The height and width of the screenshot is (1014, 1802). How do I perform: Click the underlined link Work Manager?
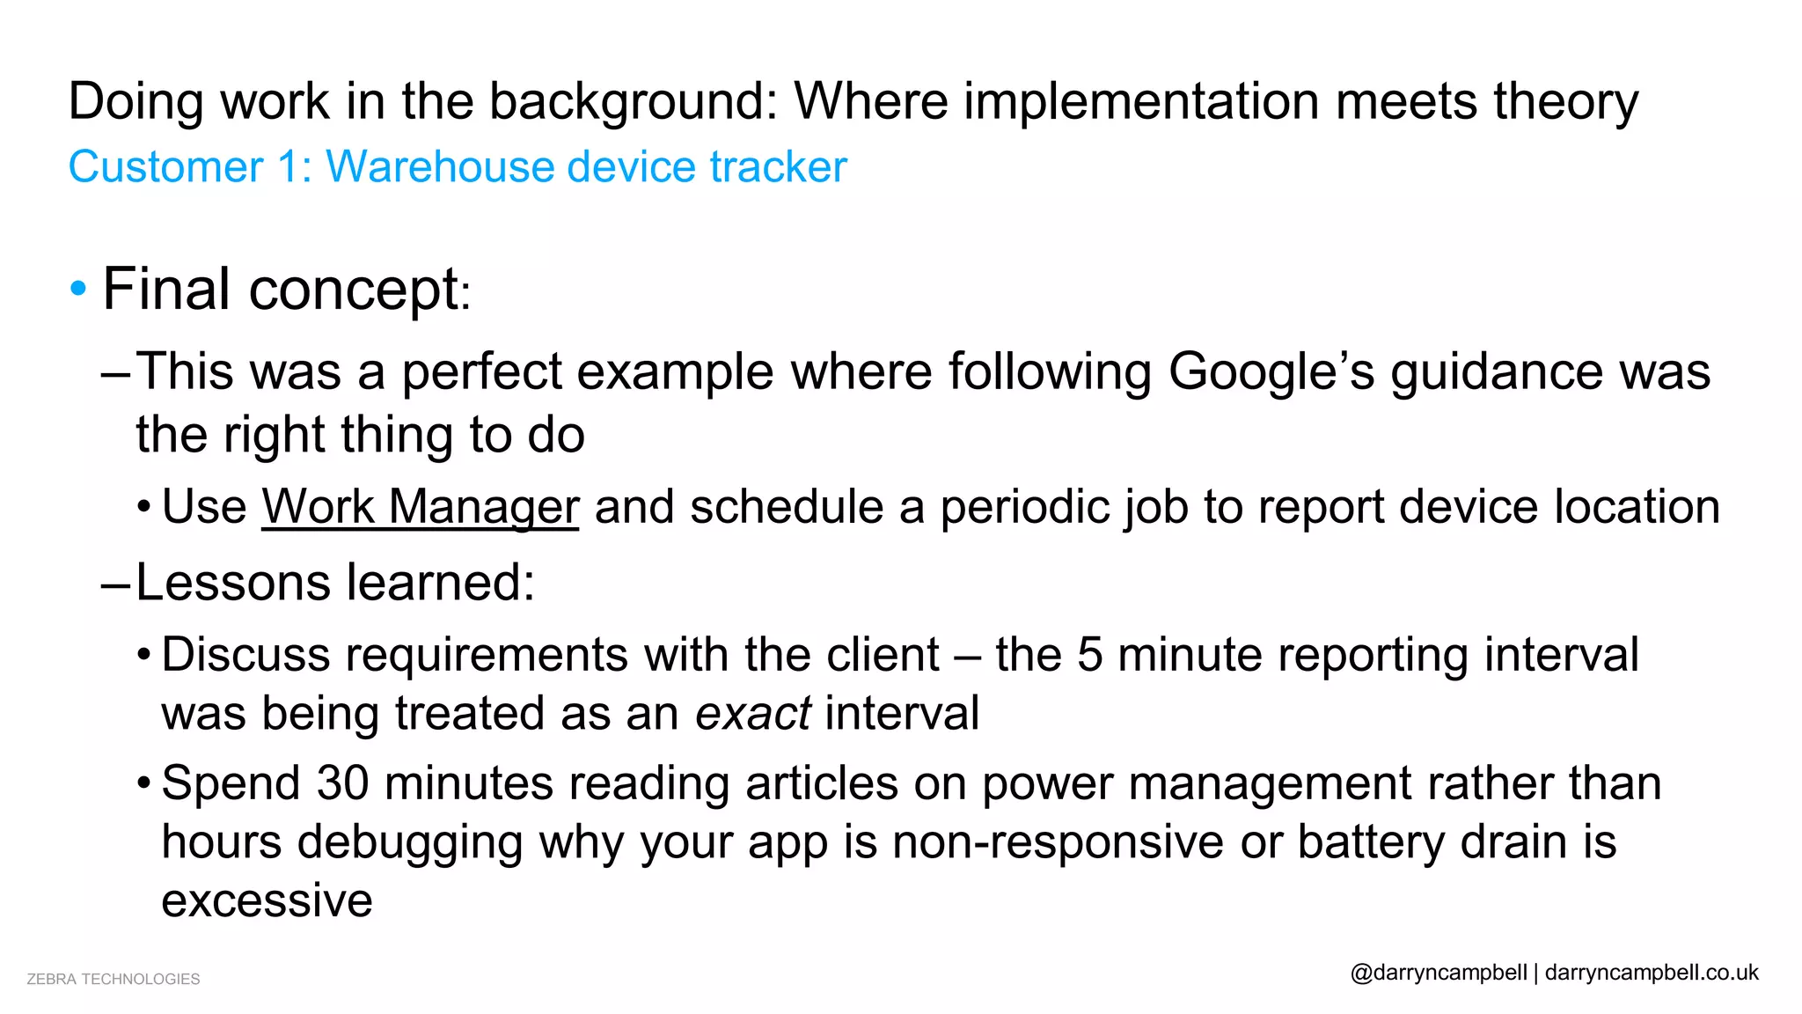[x=420, y=508]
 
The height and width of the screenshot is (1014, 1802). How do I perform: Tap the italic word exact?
[x=753, y=713]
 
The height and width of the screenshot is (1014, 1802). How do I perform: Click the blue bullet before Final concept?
[x=78, y=288]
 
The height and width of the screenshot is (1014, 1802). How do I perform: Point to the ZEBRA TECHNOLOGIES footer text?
[x=114, y=979]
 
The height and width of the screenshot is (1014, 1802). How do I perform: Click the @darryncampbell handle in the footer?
[x=1439, y=973]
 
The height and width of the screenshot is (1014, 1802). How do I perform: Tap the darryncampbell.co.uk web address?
[x=1652, y=973]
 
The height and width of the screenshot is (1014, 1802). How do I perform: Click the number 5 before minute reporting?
[x=1090, y=656]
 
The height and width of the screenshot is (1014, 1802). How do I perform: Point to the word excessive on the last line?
[x=267, y=900]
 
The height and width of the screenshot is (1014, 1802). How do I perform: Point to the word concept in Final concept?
[x=354, y=290]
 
